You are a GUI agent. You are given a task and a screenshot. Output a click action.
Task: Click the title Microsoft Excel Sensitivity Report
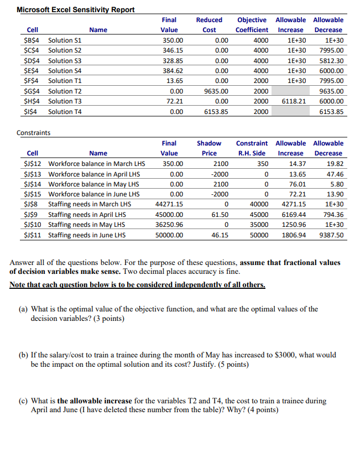pyautogui.click(x=75, y=10)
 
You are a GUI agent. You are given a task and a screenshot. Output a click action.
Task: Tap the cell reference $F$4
pyautogui.click(x=33, y=81)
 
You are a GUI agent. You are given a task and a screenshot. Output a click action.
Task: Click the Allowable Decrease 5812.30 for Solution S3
pyautogui.click(x=331, y=61)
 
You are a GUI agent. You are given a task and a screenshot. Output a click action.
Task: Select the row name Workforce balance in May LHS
pyautogui.click(x=93, y=184)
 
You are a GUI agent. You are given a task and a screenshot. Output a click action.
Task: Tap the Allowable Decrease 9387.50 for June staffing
pyautogui.click(x=331, y=235)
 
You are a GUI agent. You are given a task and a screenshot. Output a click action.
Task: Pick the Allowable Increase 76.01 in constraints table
pyautogui.click(x=296, y=184)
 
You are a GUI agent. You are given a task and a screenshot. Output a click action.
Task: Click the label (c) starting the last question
pyautogui.click(x=22, y=401)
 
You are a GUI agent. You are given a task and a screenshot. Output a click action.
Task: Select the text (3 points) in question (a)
pyautogui.click(x=106, y=319)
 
